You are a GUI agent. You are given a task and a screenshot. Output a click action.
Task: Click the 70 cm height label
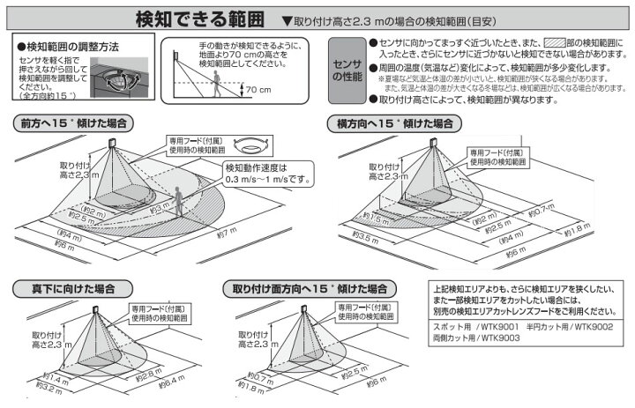pyautogui.click(x=258, y=91)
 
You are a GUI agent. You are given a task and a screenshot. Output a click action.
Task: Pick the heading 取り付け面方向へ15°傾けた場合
pyautogui.click(x=309, y=288)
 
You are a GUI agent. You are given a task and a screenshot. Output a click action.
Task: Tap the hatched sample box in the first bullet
pyautogui.click(x=554, y=41)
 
